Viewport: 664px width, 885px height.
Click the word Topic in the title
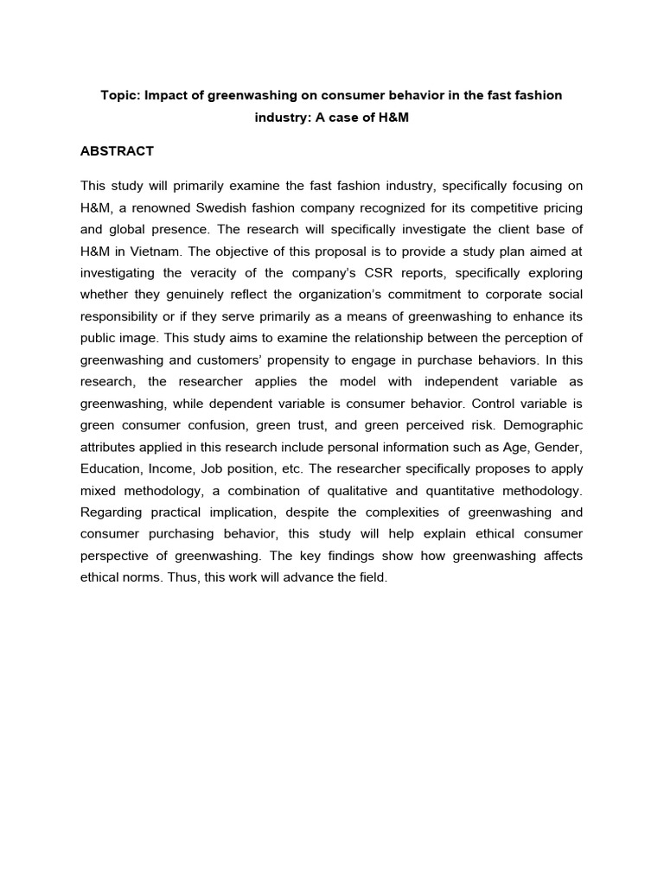120,95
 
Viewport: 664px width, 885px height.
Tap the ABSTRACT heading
117,151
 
